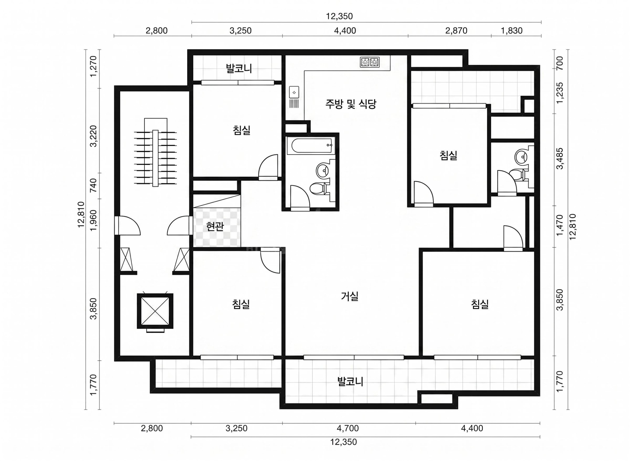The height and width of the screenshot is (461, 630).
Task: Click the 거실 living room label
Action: pyautogui.click(x=349, y=296)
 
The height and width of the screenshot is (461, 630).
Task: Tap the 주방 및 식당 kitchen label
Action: pyautogui.click(x=351, y=104)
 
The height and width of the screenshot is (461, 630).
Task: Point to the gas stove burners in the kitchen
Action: pyautogui.click(x=370, y=62)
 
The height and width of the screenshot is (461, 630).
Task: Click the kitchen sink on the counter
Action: pyautogui.click(x=294, y=92)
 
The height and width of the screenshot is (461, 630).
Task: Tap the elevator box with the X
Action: pyautogui.click(x=155, y=311)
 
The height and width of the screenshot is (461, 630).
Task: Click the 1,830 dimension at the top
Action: pyautogui.click(x=511, y=30)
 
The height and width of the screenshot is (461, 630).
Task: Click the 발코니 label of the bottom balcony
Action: pyautogui.click(x=350, y=381)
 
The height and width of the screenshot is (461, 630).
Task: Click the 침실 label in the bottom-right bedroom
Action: pyautogui.click(x=480, y=304)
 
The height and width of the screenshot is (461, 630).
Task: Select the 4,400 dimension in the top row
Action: pyautogui.click(x=345, y=30)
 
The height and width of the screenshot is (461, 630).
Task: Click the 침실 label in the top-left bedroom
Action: pyautogui.click(x=241, y=130)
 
